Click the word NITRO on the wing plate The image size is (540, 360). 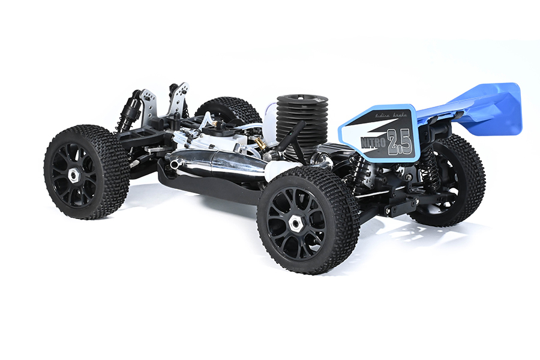pyautogui.click(x=373, y=143)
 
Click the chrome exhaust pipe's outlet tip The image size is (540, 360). pyautogui.click(x=175, y=164)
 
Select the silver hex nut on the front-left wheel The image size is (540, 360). pyautogui.click(x=73, y=175)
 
